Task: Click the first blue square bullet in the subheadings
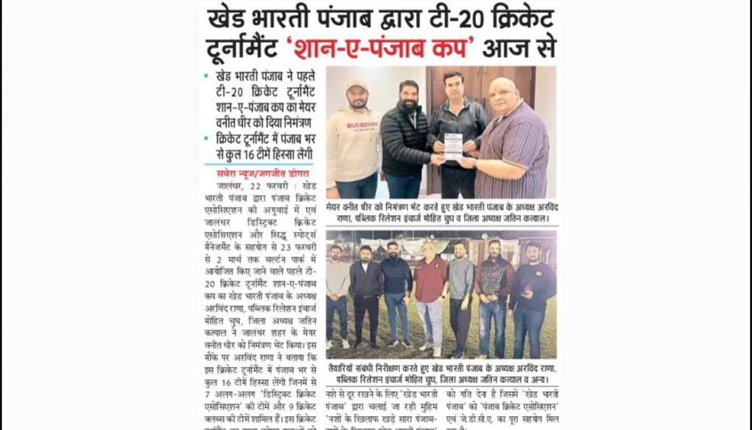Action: coord(206,76)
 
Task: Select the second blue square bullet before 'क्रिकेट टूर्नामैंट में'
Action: coord(206,139)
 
